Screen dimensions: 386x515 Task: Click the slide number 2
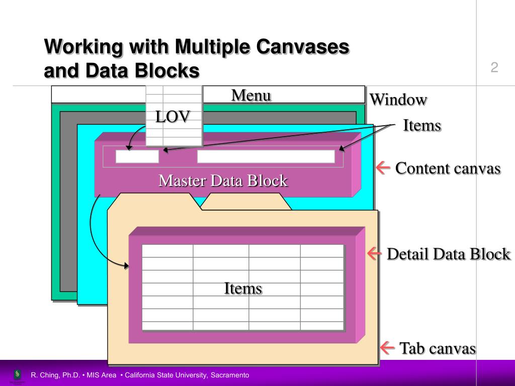494,67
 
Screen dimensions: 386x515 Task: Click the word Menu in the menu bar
251,95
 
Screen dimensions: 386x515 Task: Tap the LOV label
173,117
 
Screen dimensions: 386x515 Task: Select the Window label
398,100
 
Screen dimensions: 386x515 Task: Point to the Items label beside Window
422,126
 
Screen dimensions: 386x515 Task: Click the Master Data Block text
223,180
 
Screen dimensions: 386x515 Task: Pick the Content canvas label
448,168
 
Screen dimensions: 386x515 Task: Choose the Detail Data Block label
449,254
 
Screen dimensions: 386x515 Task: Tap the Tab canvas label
438,348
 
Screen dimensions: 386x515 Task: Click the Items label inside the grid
243,288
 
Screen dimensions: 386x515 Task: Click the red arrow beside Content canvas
384,168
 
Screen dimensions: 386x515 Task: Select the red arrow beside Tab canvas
387,348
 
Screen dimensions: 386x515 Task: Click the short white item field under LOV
137,157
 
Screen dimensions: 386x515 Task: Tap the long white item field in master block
266,157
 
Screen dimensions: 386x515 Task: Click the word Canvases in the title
302,47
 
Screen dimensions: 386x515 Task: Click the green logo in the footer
18,374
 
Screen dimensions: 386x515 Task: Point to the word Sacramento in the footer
230,375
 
